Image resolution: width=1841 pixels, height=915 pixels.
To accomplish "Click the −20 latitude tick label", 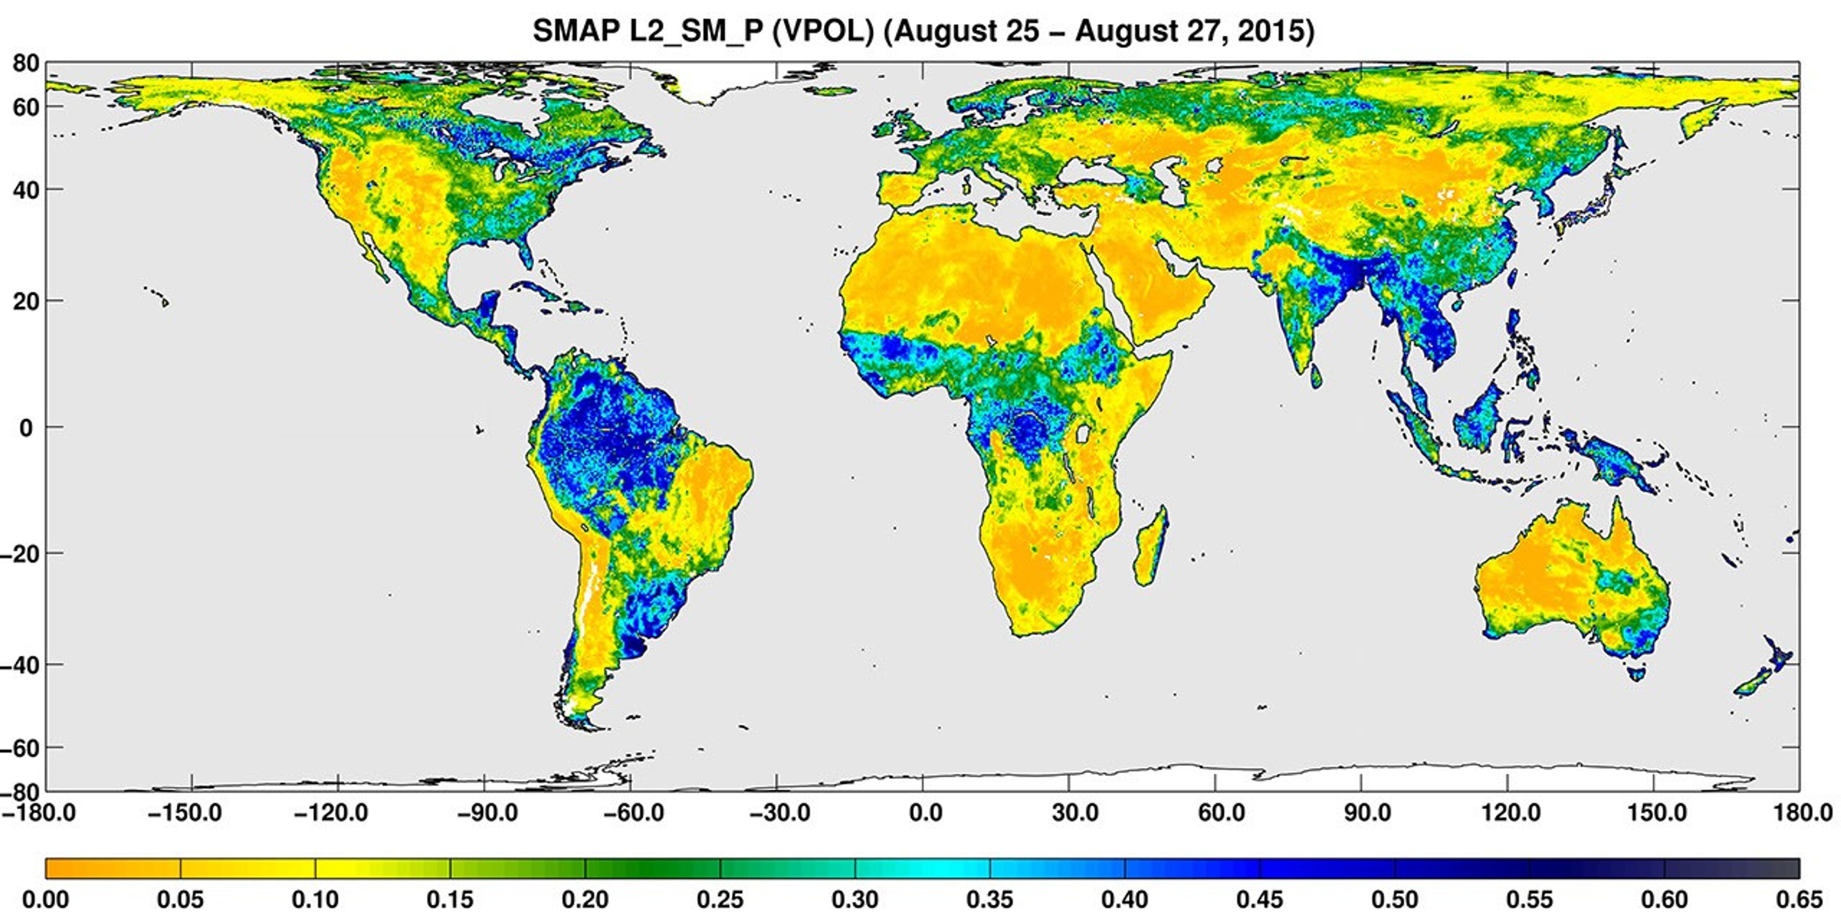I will point(20,554).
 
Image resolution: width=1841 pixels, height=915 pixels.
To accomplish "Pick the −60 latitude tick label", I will point(20,748).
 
